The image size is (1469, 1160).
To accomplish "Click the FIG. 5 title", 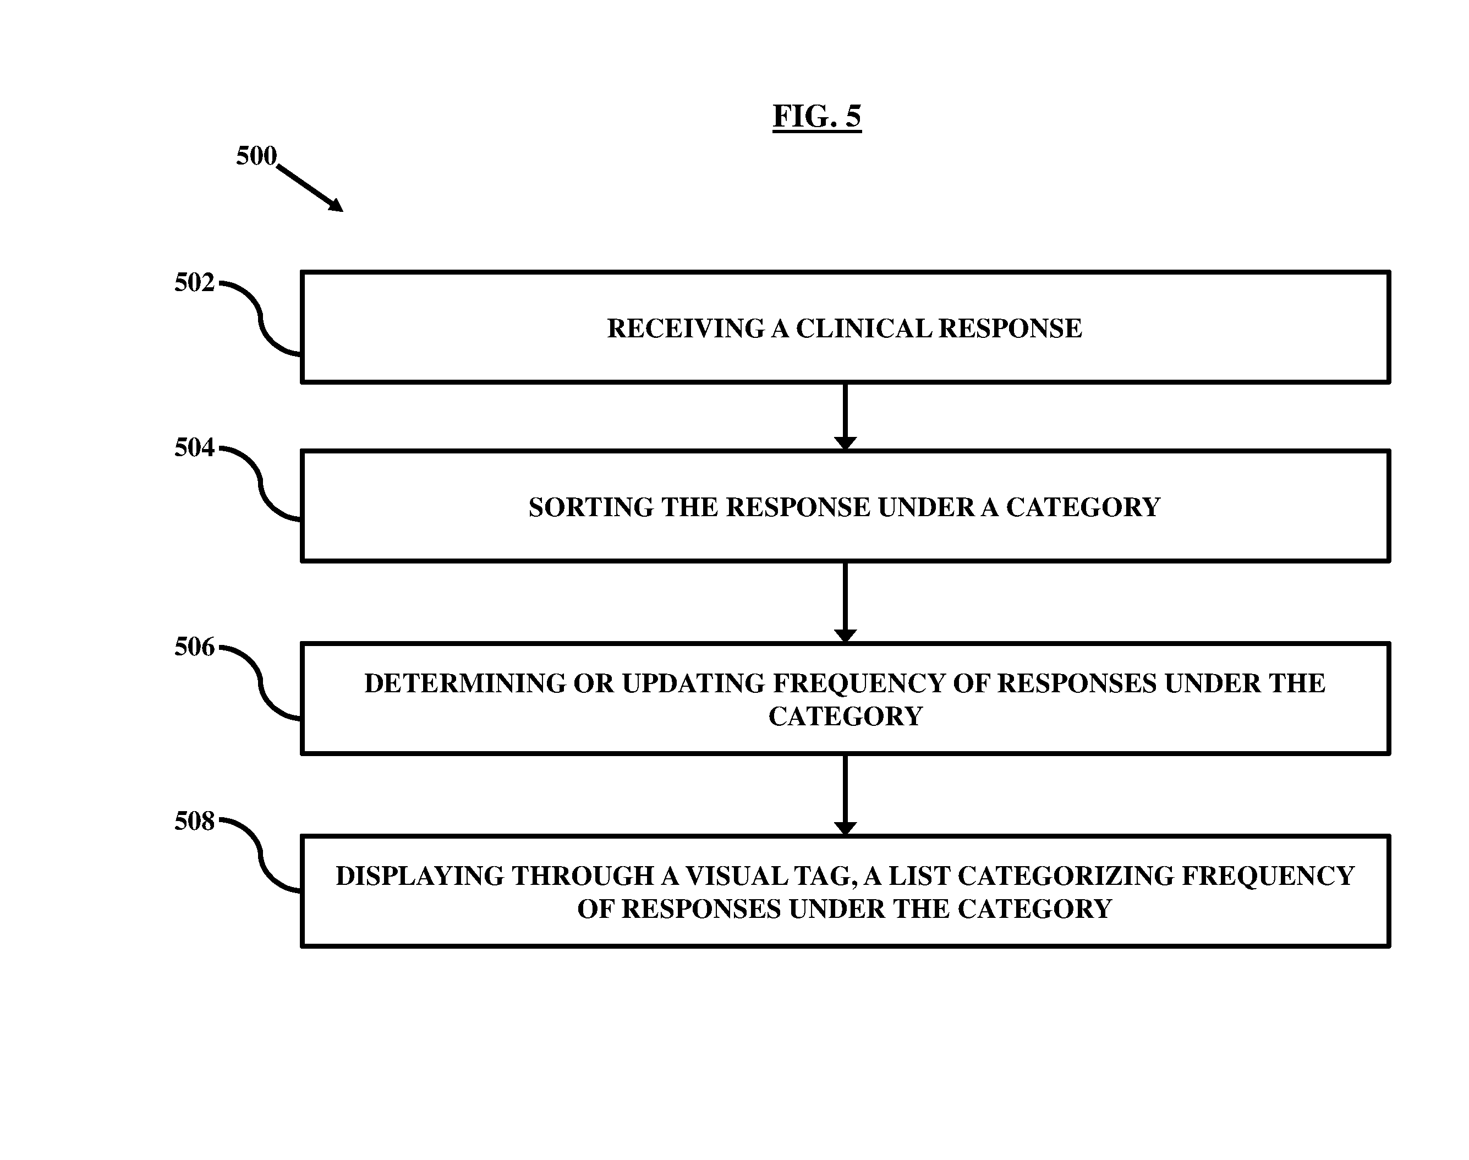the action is pyautogui.click(x=817, y=116).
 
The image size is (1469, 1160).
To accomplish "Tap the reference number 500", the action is pyautogui.click(x=256, y=156).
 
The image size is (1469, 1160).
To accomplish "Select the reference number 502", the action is pyautogui.click(x=194, y=282).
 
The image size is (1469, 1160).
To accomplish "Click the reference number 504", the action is pyautogui.click(x=194, y=447).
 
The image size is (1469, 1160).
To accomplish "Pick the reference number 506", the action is pyautogui.click(x=194, y=647).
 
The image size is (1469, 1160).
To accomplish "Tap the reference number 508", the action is pyautogui.click(x=194, y=821).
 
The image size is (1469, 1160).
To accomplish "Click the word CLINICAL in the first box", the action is pyautogui.click(x=864, y=329).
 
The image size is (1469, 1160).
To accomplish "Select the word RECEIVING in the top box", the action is pyautogui.click(x=686, y=329).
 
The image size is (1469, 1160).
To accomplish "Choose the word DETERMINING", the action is pyautogui.click(x=464, y=683).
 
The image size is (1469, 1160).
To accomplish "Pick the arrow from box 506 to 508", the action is pyautogui.click(x=845, y=795).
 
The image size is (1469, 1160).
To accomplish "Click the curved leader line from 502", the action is pyautogui.click(x=260, y=319).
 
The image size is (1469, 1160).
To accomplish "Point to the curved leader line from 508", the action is pyautogui.click(x=260, y=856).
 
